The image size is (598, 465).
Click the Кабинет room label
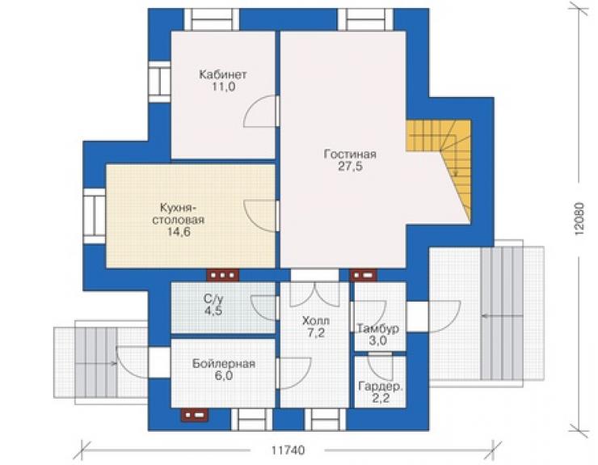pos(223,74)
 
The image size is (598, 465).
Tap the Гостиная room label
pos(350,154)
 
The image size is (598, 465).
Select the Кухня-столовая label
pos(178,213)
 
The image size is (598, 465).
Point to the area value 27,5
pos(350,167)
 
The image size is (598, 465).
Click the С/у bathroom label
pos(213,298)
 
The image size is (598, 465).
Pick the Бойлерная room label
pos(224,363)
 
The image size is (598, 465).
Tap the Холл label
pos(316,320)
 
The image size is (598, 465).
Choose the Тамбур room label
pos(378,328)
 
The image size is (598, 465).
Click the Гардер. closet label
pos(381,387)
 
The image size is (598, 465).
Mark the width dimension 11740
pos(288,450)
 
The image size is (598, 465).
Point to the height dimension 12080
pos(579,218)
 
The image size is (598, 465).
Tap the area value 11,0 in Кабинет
pos(224,87)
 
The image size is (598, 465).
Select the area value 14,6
pos(179,232)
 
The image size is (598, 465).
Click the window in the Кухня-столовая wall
pos(95,216)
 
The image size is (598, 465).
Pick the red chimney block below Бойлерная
pos(195,415)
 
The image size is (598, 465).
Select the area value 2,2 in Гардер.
pos(381,399)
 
